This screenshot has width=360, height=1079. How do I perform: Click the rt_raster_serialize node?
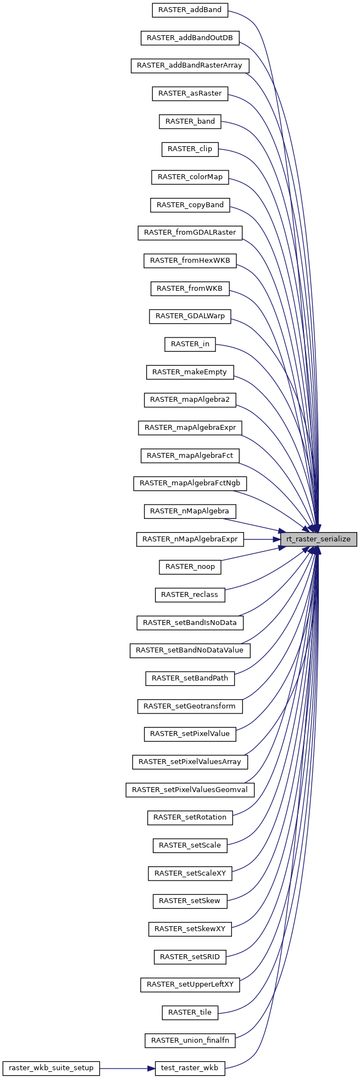pos(319,539)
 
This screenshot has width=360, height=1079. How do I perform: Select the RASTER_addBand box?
pos(190,10)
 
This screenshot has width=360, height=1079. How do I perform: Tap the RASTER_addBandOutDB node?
pos(190,38)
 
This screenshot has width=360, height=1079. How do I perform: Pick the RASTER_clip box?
pos(190,149)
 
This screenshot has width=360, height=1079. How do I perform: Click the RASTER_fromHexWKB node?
pos(190,261)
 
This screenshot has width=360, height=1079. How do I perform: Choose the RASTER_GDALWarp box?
pos(190,316)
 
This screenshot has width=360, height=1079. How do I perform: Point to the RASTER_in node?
pos(190,344)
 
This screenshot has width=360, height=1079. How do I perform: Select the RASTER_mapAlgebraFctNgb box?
pos(190,483)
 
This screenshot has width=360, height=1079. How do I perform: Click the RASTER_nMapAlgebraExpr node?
pos(190,539)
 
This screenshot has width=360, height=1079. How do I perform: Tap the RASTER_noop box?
pos(190,567)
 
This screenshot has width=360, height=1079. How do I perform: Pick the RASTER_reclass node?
pos(190,595)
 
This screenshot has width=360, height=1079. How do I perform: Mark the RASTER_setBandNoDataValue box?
pos(190,650)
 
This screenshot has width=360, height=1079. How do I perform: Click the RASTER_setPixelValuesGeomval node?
pos(190,790)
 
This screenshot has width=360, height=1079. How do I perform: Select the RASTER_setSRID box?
pos(190,957)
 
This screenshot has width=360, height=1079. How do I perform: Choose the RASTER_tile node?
pos(190,1012)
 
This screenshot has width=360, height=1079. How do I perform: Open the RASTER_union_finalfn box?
pos(190,1041)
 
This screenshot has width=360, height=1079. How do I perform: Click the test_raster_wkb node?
pos(190,1069)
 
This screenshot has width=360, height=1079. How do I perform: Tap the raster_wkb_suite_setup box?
pos(51,1069)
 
